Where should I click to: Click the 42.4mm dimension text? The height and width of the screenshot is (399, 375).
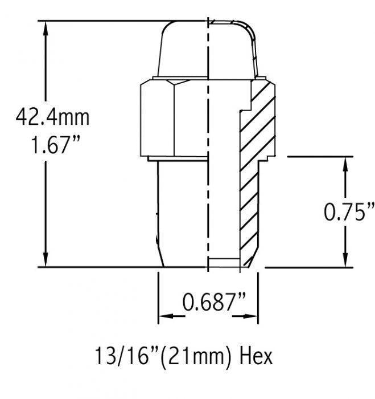click(52, 117)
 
